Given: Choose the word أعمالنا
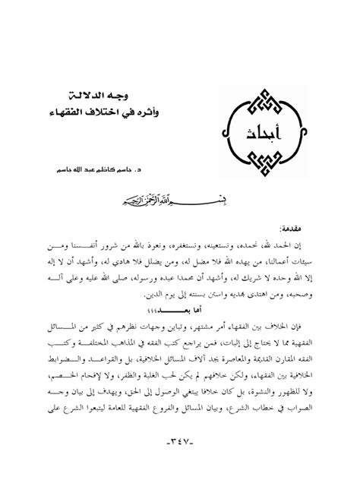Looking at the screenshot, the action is coord(270,258).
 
